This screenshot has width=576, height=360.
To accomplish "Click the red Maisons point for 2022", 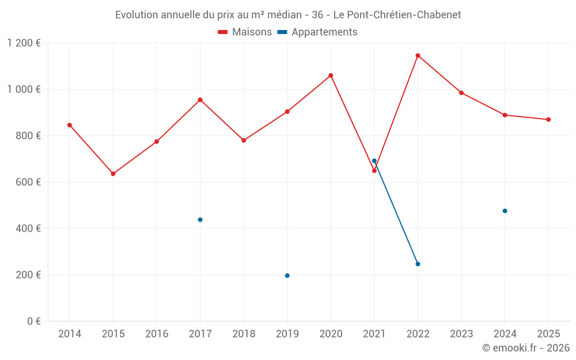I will [x=418, y=56].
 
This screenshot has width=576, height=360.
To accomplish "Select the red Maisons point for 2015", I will [x=113, y=174].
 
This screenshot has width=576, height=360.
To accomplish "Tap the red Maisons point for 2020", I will [x=331, y=75].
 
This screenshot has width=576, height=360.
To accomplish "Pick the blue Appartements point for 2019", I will [x=287, y=276].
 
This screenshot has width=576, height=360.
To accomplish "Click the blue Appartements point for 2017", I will [x=200, y=220].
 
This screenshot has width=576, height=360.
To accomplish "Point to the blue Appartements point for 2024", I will [x=505, y=211].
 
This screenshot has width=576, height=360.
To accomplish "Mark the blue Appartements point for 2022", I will [x=418, y=264].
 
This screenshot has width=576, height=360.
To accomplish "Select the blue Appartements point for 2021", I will [x=374, y=161].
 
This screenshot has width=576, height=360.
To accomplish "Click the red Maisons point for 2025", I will [x=548, y=120].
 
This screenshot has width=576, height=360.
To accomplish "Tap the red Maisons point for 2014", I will [x=70, y=125].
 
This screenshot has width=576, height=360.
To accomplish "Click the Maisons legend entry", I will [x=245, y=32].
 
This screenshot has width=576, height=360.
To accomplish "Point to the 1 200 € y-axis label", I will [x=24, y=43].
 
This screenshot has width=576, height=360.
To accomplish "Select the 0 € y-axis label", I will [x=34, y=321].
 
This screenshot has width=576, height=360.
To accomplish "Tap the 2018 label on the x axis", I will [x=244, y=334].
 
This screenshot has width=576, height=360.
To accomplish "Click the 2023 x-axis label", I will [x=461, y=334].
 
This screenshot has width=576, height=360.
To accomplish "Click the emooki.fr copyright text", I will [x=526, y=348].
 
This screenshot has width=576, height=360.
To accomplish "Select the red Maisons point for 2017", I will [x=200, y=100].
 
